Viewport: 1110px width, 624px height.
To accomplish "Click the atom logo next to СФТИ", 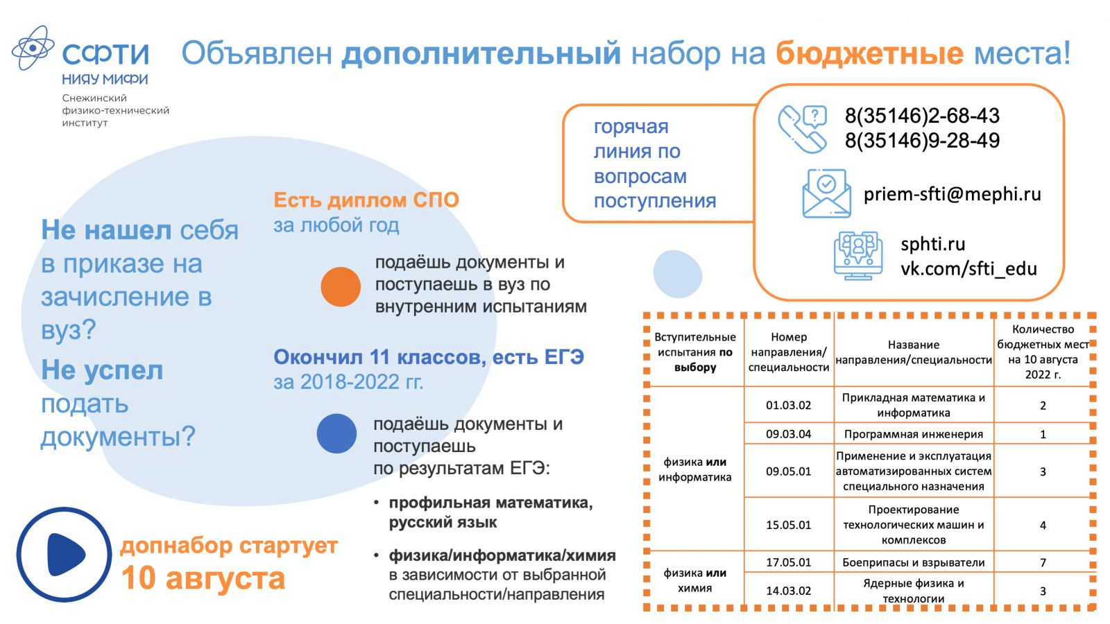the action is [x=33, y=48].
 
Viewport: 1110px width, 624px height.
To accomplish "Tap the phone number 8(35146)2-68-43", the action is [x=922, y=116].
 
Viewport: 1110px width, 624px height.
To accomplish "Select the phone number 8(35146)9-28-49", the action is [x=922, y=141].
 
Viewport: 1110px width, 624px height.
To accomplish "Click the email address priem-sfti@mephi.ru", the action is [x=952, y=194].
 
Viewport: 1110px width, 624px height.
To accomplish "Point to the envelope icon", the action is [x=826, y=193].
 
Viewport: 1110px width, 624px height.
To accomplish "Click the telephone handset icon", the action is [x=802, y=129].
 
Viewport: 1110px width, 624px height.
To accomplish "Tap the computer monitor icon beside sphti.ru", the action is [x=857, y=256].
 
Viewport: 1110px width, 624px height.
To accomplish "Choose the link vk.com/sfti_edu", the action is [x=968, y=269].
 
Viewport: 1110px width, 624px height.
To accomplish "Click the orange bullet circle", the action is [x=341, y=287].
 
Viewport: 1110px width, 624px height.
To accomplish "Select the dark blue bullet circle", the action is [x=336, y=433].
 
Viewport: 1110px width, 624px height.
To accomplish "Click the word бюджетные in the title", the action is [x=869, y=53].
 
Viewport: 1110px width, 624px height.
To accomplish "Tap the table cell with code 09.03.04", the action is [x=788, y=434].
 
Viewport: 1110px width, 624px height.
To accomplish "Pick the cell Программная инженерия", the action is [x=913, y=434].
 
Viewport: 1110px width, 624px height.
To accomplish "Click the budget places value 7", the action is [x=1043, y=562].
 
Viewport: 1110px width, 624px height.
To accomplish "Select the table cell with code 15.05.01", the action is [x=788, y=525].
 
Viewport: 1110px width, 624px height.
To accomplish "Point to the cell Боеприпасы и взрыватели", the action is [x=913, y=562].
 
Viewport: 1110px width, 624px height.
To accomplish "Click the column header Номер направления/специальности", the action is [x=788, y=352].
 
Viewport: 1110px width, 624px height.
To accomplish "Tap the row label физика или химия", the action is [x=694, y=580].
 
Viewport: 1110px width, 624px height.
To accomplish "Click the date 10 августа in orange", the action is [x=203, y=578].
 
